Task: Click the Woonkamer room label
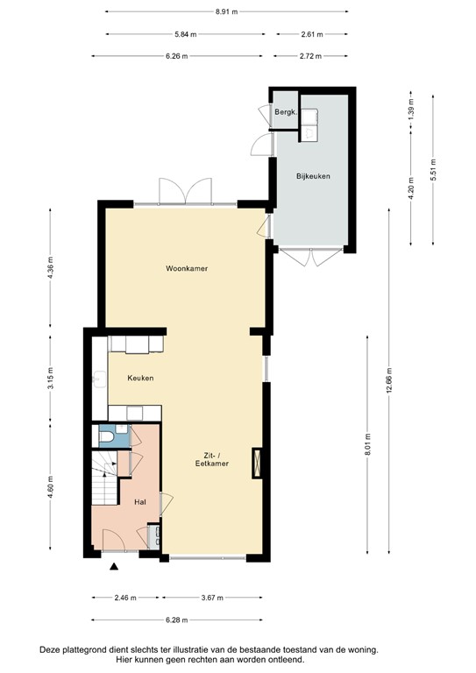(x=186, y=268)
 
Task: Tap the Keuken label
(x=141, y=379)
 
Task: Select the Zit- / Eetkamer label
(x=211, y=459)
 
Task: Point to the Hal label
(x=139, y=503)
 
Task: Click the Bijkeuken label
(x=313, y=176)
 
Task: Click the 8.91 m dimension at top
(x=227, y=11)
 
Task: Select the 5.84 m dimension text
(x=186, y=34)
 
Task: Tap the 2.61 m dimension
(x=312, y=34)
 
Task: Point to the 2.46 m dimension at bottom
(x=126, y=598)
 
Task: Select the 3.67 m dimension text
(x=210, y=598)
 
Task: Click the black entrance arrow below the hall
(x=114, y=567)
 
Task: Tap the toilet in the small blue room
(x=105, y=436)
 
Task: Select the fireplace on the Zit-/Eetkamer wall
(x=257, y=463)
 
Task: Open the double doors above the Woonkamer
(x=185, y=190)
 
